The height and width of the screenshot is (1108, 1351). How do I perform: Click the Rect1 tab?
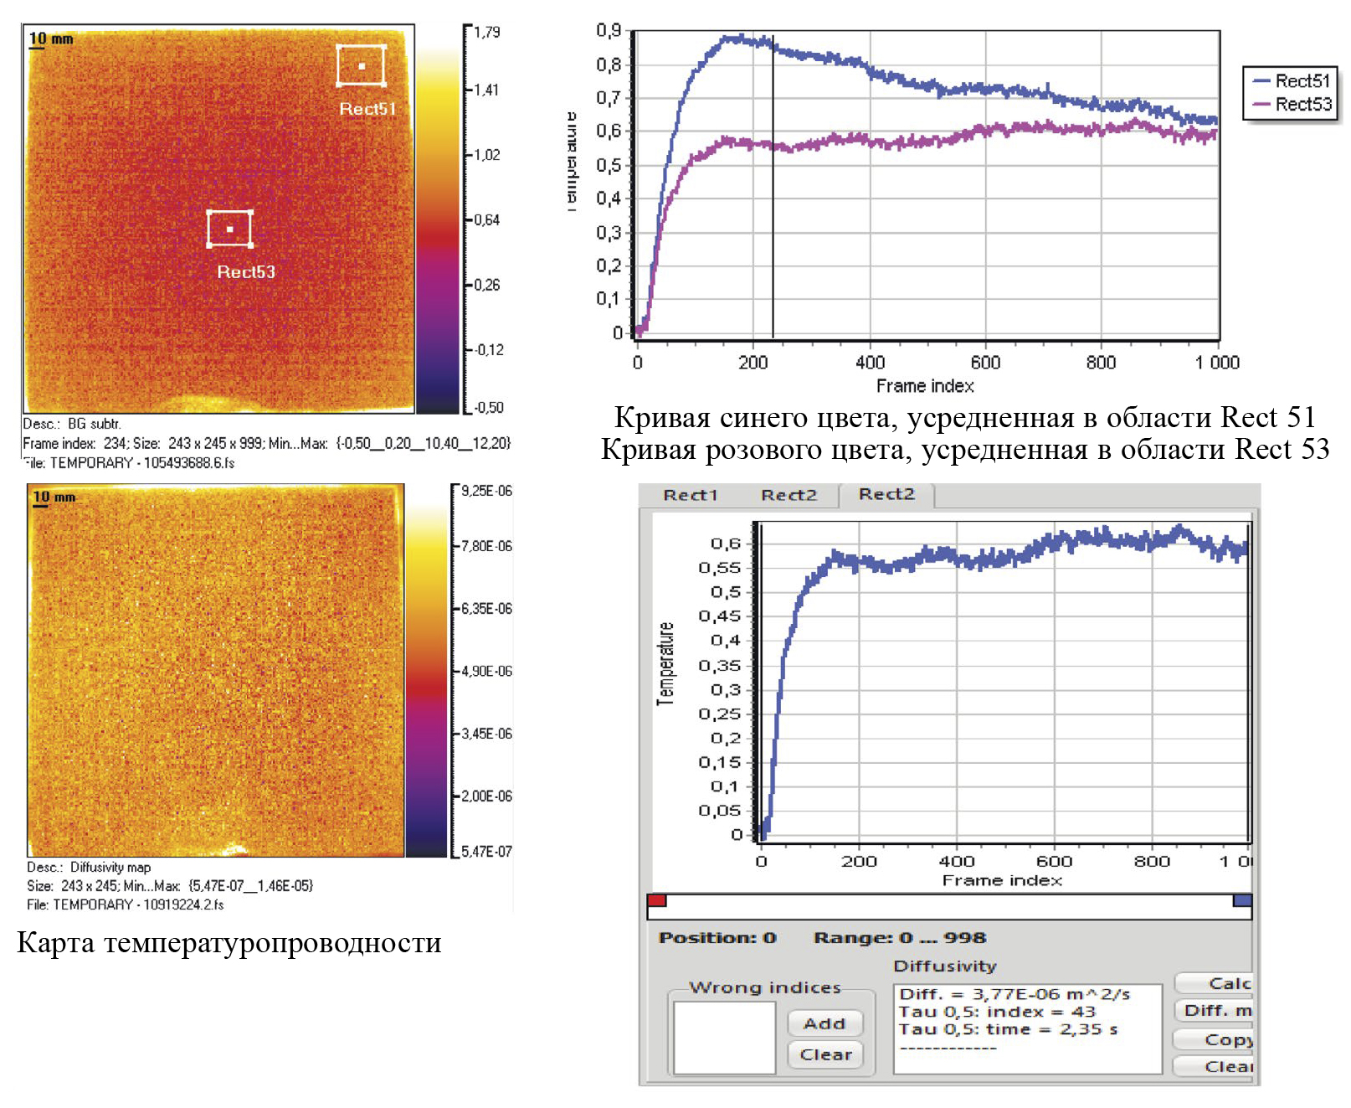click(691, 495)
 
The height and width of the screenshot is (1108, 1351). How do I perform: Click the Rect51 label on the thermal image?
click(367, 109)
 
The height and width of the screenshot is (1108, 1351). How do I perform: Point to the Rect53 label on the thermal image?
click(246, 272)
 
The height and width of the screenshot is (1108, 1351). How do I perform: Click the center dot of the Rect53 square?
click(229, 229)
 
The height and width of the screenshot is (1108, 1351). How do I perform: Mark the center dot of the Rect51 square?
click(362, 66)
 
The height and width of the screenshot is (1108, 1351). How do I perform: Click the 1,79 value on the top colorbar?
click(486, 33)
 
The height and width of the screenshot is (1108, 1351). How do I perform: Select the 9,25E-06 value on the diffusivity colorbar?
click(486, 492)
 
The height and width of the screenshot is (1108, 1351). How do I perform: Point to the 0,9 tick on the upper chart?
click(609, 31)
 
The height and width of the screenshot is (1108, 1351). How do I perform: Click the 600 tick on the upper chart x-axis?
click(985, 363)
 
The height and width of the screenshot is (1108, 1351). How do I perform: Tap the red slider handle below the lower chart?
click(657, 900)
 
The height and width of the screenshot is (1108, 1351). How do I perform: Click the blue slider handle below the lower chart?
click(1242, 900)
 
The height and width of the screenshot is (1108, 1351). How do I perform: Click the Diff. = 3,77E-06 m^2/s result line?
click(1015, 994)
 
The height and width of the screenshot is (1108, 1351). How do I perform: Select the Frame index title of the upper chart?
click(925, 386)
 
